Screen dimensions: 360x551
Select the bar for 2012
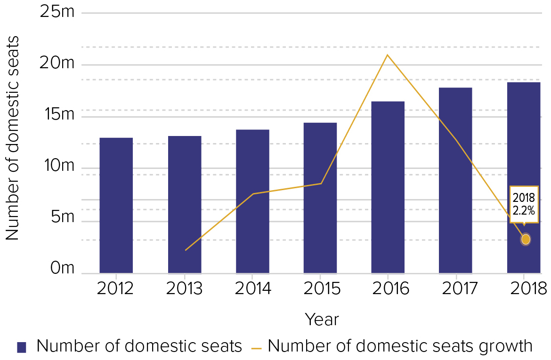click(x=116, y=205)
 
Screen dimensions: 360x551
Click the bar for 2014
click(x=252, y=201)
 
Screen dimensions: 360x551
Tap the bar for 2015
click(x=320, y=198)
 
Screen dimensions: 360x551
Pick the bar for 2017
click(x=455, y=180)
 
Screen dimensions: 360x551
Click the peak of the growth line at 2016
click(x=387, y=55)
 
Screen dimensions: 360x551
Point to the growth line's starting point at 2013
click(x=185, y=250)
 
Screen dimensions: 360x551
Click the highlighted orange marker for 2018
click(x=526, y=239)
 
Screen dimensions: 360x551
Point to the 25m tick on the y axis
click(x=58, y=12)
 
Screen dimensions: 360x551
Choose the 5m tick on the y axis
click(x=61, y=217)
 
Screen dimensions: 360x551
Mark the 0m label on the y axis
click(x=61, y=269)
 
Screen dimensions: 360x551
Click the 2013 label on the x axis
click(x=184, y=288)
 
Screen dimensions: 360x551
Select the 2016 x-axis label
click(x=388, y=288)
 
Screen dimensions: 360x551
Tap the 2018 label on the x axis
click(x=523, y=288)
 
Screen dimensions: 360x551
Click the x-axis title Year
click(x=321, y=320)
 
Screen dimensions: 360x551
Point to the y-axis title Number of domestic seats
click(x=13, y=137)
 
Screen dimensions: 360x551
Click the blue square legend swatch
click(x=22, y=347)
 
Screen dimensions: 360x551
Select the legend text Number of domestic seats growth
click(x=400, y=346)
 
